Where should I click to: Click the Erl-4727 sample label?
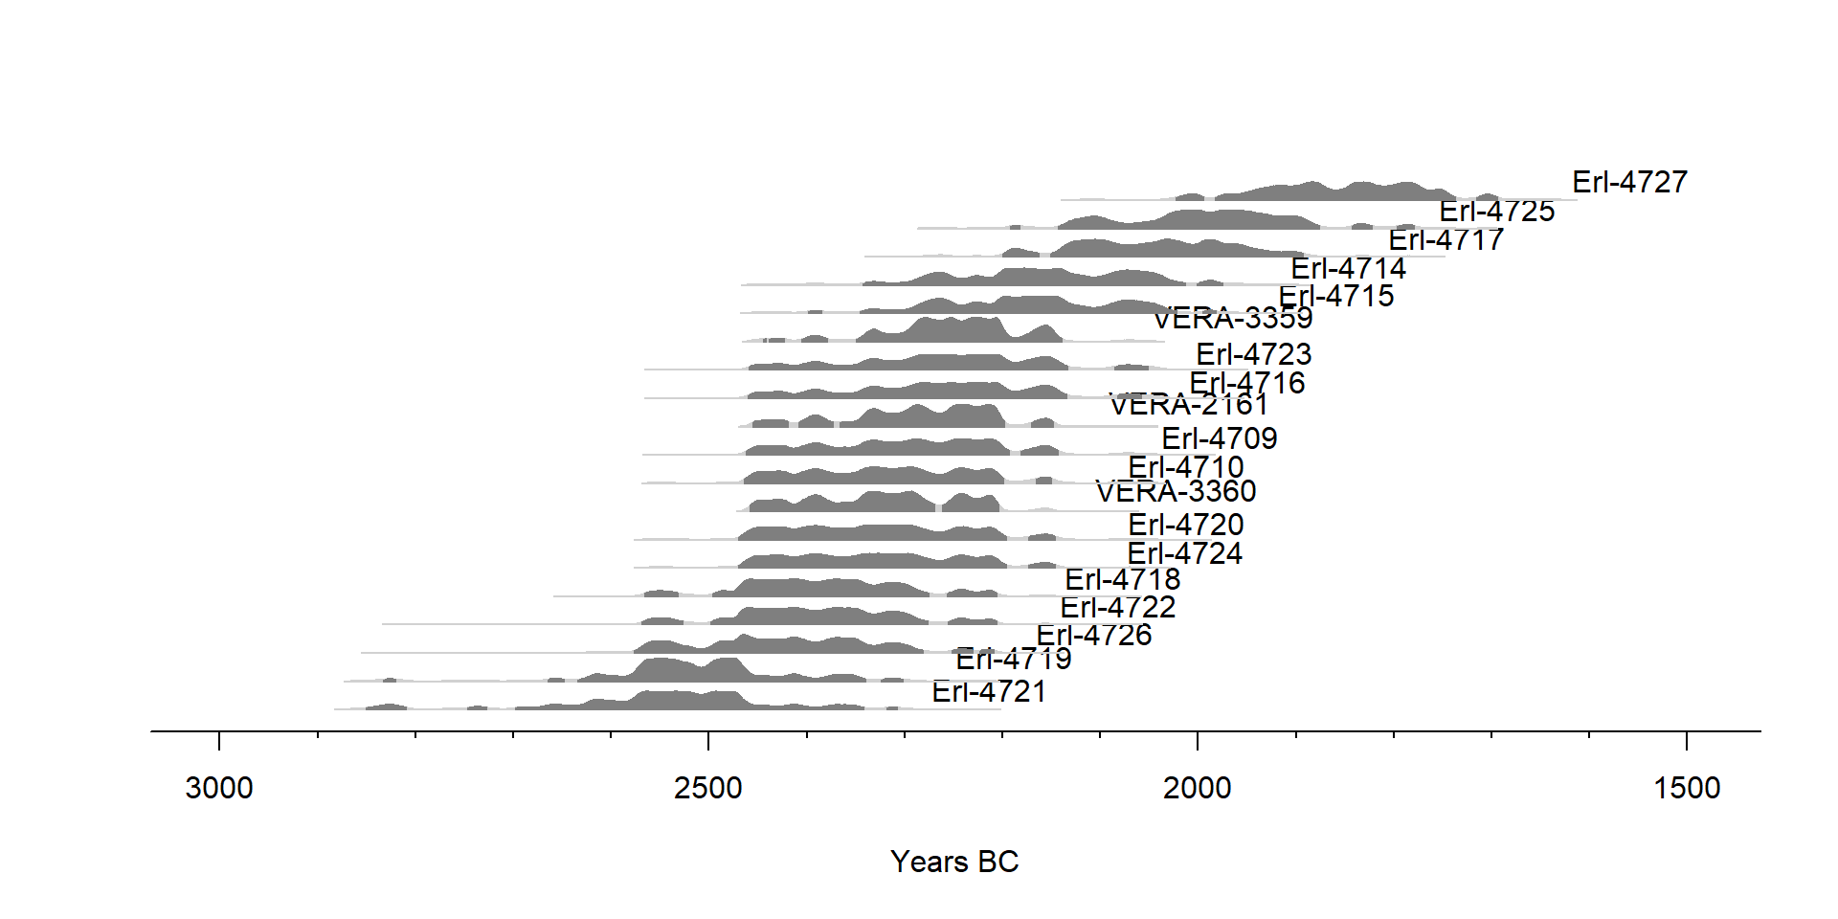tap(1629, 182)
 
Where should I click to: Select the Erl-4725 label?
tap(1497, 211)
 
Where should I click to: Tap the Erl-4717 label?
tap(1446, 239)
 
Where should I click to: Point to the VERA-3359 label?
tap(1233, 318)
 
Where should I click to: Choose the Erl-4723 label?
tap(1254, 354)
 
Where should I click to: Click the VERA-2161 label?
tap(1189, 405)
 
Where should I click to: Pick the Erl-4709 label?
tap(1220, 438)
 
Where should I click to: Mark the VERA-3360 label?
tap(1176, 491)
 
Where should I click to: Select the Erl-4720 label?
tap(1186, 525)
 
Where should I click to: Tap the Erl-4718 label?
tap(1123, 579)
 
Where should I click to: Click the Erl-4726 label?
tap(1094, 635)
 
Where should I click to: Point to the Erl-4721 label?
tap(989, 691)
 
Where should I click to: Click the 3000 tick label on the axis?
tap(219, 788)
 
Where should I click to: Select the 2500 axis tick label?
tap(708, 788)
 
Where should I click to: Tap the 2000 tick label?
tap(1198, 788)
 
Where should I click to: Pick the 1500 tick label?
tap(1687, 788)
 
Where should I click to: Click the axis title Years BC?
tap(954, 862)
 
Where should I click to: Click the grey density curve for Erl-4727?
tap(1359, 191)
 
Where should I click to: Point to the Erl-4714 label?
tap(1348, 268)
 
